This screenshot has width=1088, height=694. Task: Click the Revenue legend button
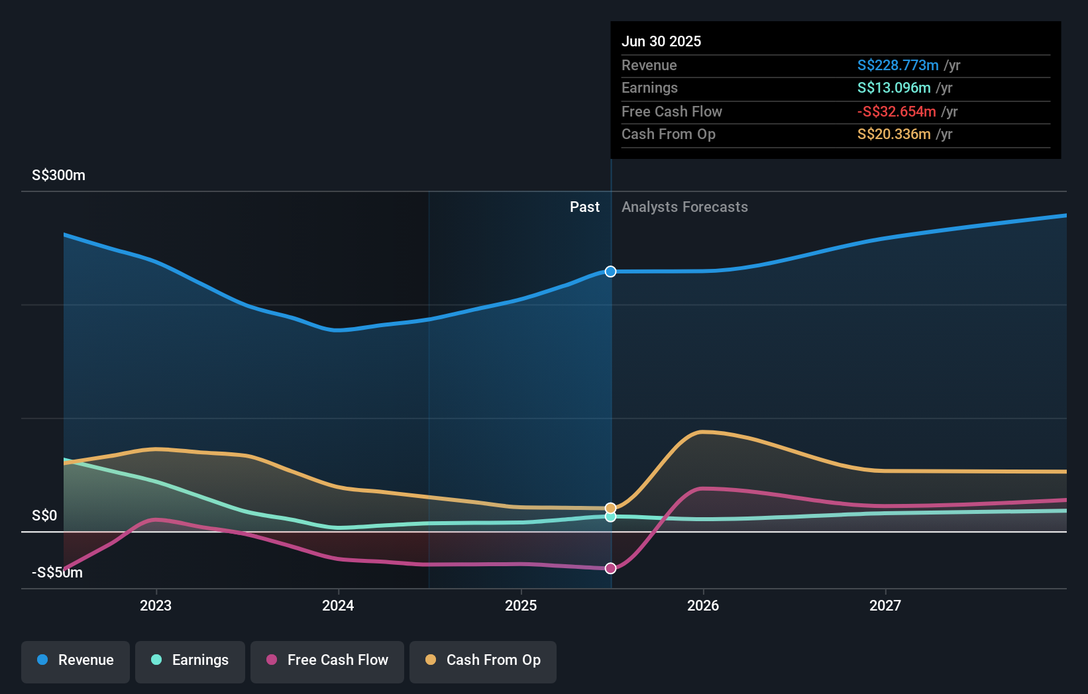(x=76, y=660)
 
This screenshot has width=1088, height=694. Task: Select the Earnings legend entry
(x=190, y=660)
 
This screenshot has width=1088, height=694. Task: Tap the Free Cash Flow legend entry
(x=327, y=660)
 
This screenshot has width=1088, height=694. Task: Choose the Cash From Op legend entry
(x=483, y=660)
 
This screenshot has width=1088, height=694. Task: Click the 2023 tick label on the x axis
(x=156, y=605)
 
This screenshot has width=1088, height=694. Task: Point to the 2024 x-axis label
(x=338, y=605)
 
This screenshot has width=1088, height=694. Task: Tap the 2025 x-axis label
(x=521, y=605)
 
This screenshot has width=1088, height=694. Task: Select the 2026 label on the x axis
(x=703, y=605)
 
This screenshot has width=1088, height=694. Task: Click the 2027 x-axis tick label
(x=885, y=605)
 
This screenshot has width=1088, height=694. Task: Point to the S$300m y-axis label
(x=58, y=175)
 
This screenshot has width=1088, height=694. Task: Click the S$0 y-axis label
(x=44, y=516)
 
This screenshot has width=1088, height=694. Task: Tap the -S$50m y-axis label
(x=58, y=573)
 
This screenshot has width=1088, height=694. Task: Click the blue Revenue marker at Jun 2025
(x=610, y=272)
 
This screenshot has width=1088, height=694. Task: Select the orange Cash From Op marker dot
(x=610, y=508)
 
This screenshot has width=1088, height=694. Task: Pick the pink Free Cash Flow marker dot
(x=610, y=568)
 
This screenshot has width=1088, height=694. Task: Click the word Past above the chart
(x=584, y=207)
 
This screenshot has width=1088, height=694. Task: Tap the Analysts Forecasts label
(x=684, y=207)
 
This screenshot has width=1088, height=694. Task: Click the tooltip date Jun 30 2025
(x=661, y=41)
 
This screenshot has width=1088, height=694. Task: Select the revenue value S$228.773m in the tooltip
(x=898, y=66)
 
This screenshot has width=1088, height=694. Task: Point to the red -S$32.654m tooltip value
(x=897, y=112)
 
